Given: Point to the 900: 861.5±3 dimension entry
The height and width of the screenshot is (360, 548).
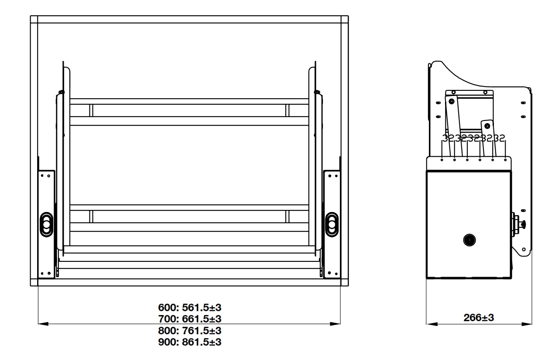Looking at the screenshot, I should click(x=189, y=342).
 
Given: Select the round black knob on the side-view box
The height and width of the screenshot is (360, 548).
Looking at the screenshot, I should click(x=469, y=240).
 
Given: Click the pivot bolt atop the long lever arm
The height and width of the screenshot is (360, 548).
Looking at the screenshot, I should click(x=451, y=101).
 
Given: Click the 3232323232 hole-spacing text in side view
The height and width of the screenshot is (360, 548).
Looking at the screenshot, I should click(x=474, y=139).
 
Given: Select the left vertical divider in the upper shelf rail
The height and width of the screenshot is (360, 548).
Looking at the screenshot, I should click(x=91, y=110).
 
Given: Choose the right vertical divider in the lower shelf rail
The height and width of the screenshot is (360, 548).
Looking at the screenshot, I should click(x=287, y=216).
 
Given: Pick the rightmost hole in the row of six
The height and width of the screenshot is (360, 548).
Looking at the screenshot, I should click(x=505, y=160).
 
